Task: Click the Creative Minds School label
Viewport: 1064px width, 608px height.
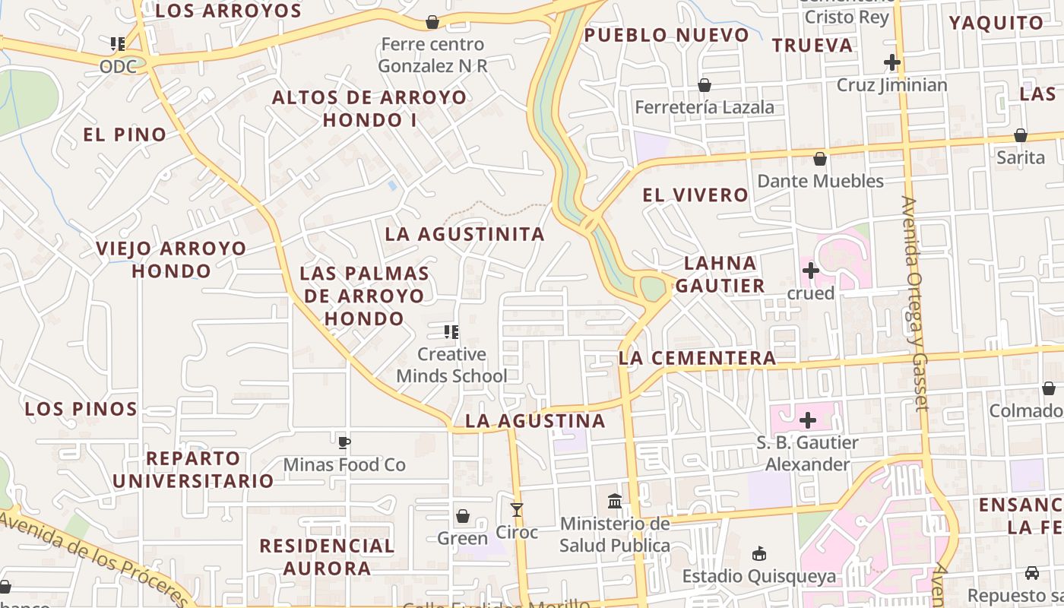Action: (451, 365)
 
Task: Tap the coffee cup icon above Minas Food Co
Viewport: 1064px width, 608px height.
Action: (344, 442)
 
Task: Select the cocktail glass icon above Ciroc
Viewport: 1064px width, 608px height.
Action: (517, 509)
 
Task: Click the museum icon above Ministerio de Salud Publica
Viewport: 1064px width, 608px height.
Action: (615, 502)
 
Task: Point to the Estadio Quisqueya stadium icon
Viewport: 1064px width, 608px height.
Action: (758, 553)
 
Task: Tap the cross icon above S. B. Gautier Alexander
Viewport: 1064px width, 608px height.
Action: (808, 420)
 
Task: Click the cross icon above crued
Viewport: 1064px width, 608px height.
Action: (810, 271)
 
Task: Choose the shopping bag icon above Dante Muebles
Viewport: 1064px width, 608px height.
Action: (820, 159)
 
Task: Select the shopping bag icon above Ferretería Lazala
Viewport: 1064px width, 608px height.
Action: (705, 85)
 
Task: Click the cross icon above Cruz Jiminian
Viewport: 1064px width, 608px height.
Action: (892, 62)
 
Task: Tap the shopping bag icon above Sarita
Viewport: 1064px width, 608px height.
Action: (1021, 135)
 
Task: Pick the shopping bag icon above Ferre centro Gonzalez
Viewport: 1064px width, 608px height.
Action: (432, 22)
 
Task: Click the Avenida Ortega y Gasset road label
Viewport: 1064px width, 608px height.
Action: (915, 304)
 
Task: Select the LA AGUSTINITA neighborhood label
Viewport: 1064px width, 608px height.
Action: (465, 234)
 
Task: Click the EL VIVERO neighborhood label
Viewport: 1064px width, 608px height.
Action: (695, 195)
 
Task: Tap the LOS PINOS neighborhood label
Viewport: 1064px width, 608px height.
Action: (81, 409)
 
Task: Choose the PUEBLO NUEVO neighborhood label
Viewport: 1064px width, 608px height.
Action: (667, 35)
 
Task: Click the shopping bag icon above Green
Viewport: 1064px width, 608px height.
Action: (463, 517)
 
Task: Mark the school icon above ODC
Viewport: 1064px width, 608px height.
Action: (117, 44)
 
